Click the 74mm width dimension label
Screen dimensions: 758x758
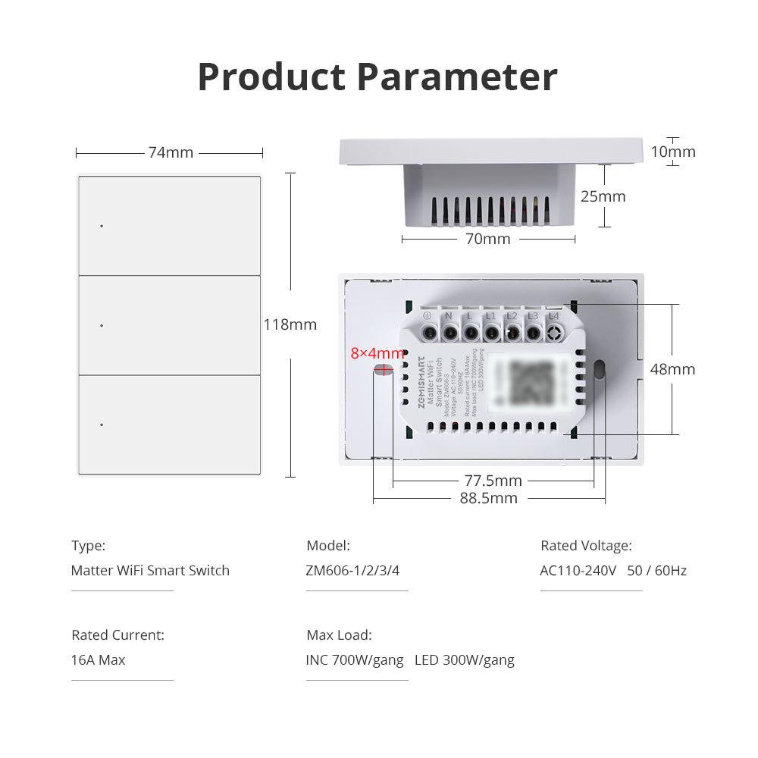(x=171, y=152)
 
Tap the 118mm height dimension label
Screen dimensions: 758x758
(x=290, y=324)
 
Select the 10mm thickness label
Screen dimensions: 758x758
(x=673, y=152)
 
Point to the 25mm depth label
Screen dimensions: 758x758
(x=603, y=196)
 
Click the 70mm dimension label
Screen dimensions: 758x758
(x=488, y=240)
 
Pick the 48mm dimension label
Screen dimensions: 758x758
(x=672, y=369)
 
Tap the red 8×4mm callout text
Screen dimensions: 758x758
(x=377, y=353)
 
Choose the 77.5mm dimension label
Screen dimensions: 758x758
(x=493, y=481)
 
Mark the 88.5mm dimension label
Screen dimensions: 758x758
(x=489, y=498)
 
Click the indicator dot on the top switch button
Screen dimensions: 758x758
(x=101, y=226)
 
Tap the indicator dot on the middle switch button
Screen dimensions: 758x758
(x=101, y=325)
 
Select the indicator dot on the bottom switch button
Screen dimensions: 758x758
(x=101, y=424)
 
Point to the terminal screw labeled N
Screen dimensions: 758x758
(x=449, y=332)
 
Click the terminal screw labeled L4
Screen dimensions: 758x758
(x=554, y=332)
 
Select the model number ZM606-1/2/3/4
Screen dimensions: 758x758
(x=352, y=571)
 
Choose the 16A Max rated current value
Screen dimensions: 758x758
(x=99, y=660)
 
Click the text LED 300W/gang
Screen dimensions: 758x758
(x=465, y=660)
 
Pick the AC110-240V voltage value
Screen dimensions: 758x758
(x=578, y=571)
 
